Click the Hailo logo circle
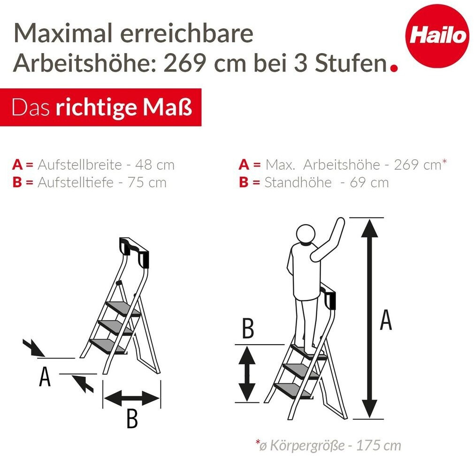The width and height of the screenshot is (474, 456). pos(437,36)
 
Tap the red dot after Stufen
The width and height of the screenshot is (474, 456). pos(394,69)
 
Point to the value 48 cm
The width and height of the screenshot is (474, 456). pos(155,165)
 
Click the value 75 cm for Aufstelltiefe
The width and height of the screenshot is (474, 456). pos(147,182)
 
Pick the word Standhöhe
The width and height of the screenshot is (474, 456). pos(298,182)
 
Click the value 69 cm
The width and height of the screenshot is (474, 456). pos(369,182)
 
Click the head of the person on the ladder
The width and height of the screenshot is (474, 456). pos(306,234)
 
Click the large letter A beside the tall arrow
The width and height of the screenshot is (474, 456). pos(386,320)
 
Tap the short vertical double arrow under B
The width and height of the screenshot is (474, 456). pos(247,374)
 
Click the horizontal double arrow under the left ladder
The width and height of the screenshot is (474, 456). pos(132,398)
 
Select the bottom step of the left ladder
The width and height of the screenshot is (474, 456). pos(107,346)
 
